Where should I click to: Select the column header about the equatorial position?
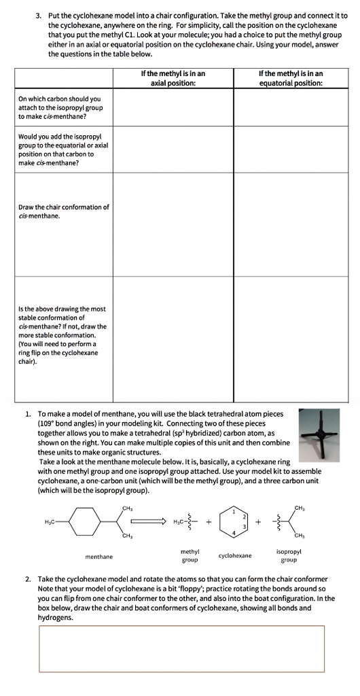[x=291, y=78]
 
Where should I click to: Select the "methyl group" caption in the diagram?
[x=190, y=555]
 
